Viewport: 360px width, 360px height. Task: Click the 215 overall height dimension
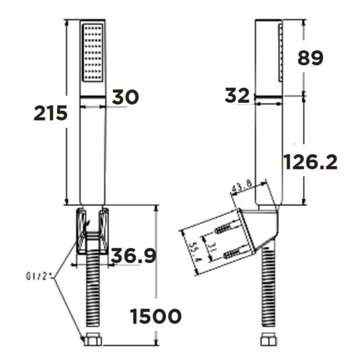pyautogui.click(x=50, y=113)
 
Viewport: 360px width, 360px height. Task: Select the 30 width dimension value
pyautogui.click(x=124, y=96)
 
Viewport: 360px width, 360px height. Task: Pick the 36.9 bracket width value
pyautogui.click(x=133, y=256)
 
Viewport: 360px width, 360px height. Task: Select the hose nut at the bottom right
pyautogui.click(x=265, y=341)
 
